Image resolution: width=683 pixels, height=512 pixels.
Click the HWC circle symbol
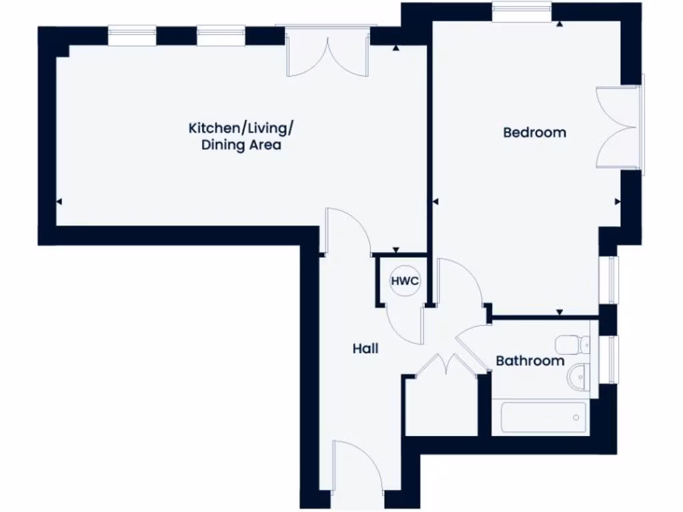click(405, 281)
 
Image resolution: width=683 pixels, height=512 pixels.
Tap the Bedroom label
click(534, 132)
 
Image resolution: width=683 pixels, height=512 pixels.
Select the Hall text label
click(366, 348)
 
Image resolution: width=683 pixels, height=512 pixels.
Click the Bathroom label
click(530, 361)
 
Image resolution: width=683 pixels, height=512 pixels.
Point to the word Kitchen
click(212, 127)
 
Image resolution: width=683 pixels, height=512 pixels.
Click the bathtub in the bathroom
click(543, 418)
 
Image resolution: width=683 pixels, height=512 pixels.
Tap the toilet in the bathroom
click(574, 344)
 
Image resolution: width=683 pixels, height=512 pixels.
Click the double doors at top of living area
click(327, 53)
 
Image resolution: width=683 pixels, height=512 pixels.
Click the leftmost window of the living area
click(132, 36)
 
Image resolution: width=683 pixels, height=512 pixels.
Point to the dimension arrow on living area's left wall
click(59, 202)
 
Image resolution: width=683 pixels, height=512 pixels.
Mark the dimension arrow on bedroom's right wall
click(617, 201)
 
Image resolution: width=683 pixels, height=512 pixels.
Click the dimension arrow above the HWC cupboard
click(396, 250)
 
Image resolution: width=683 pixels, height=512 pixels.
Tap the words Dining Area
click(241, 145)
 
